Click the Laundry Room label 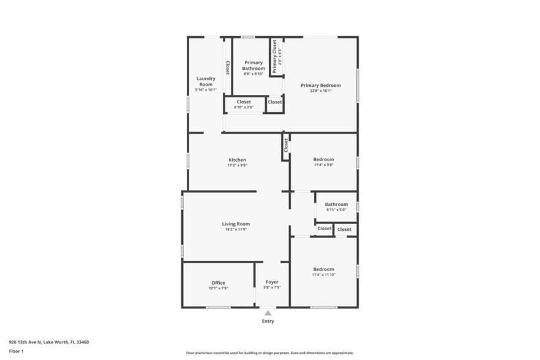(x=206, y=81)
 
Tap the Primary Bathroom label (x=253, y=65)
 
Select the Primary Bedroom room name (x=320, y=85)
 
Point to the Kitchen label (x=237, y=160)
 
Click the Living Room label (x=236, y=224)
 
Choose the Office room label (x=219, y=282)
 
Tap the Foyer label (x=272, y=282)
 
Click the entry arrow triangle (x=268, y=313)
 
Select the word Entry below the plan (x=268, y=321)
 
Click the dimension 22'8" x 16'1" (x=320, y=91)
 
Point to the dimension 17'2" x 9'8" (x=237, y=165)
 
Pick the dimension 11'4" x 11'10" (x=324, y=275)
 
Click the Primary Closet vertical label (x=274, y=56)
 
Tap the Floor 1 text (x=17, y=351)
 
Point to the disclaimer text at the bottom (x=269, y=353)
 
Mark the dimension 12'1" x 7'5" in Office (x=219, y=288)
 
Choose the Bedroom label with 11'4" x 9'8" (x=324, y=159)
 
